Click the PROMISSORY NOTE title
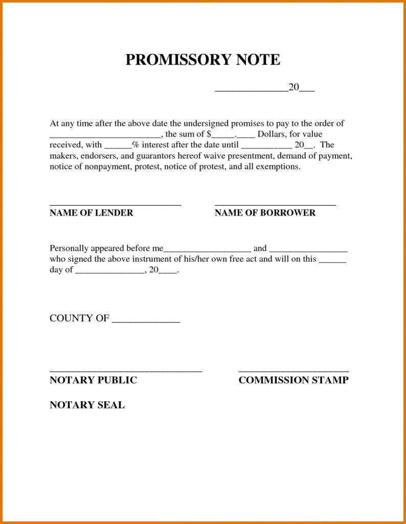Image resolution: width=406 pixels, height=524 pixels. point(202,60)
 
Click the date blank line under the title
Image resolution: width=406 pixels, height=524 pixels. point(251,91)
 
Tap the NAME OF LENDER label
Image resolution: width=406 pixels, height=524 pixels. point(91,213)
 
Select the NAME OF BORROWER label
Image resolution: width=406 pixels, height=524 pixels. point(265,213)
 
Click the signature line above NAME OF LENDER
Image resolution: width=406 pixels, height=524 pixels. point(115,205)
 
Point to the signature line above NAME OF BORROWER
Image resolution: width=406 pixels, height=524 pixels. point(275,205)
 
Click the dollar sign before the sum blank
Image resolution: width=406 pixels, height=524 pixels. point(209,135)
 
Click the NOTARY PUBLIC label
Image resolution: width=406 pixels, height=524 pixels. point(93,380)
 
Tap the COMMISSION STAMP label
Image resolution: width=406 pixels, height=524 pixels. point(294,380)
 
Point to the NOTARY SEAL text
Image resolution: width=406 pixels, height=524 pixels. point(87,405)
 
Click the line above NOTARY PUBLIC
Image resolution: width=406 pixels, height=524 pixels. point(126,370)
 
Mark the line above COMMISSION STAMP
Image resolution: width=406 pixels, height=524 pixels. point(294,370)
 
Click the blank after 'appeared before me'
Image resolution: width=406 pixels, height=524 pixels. point(207,251)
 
